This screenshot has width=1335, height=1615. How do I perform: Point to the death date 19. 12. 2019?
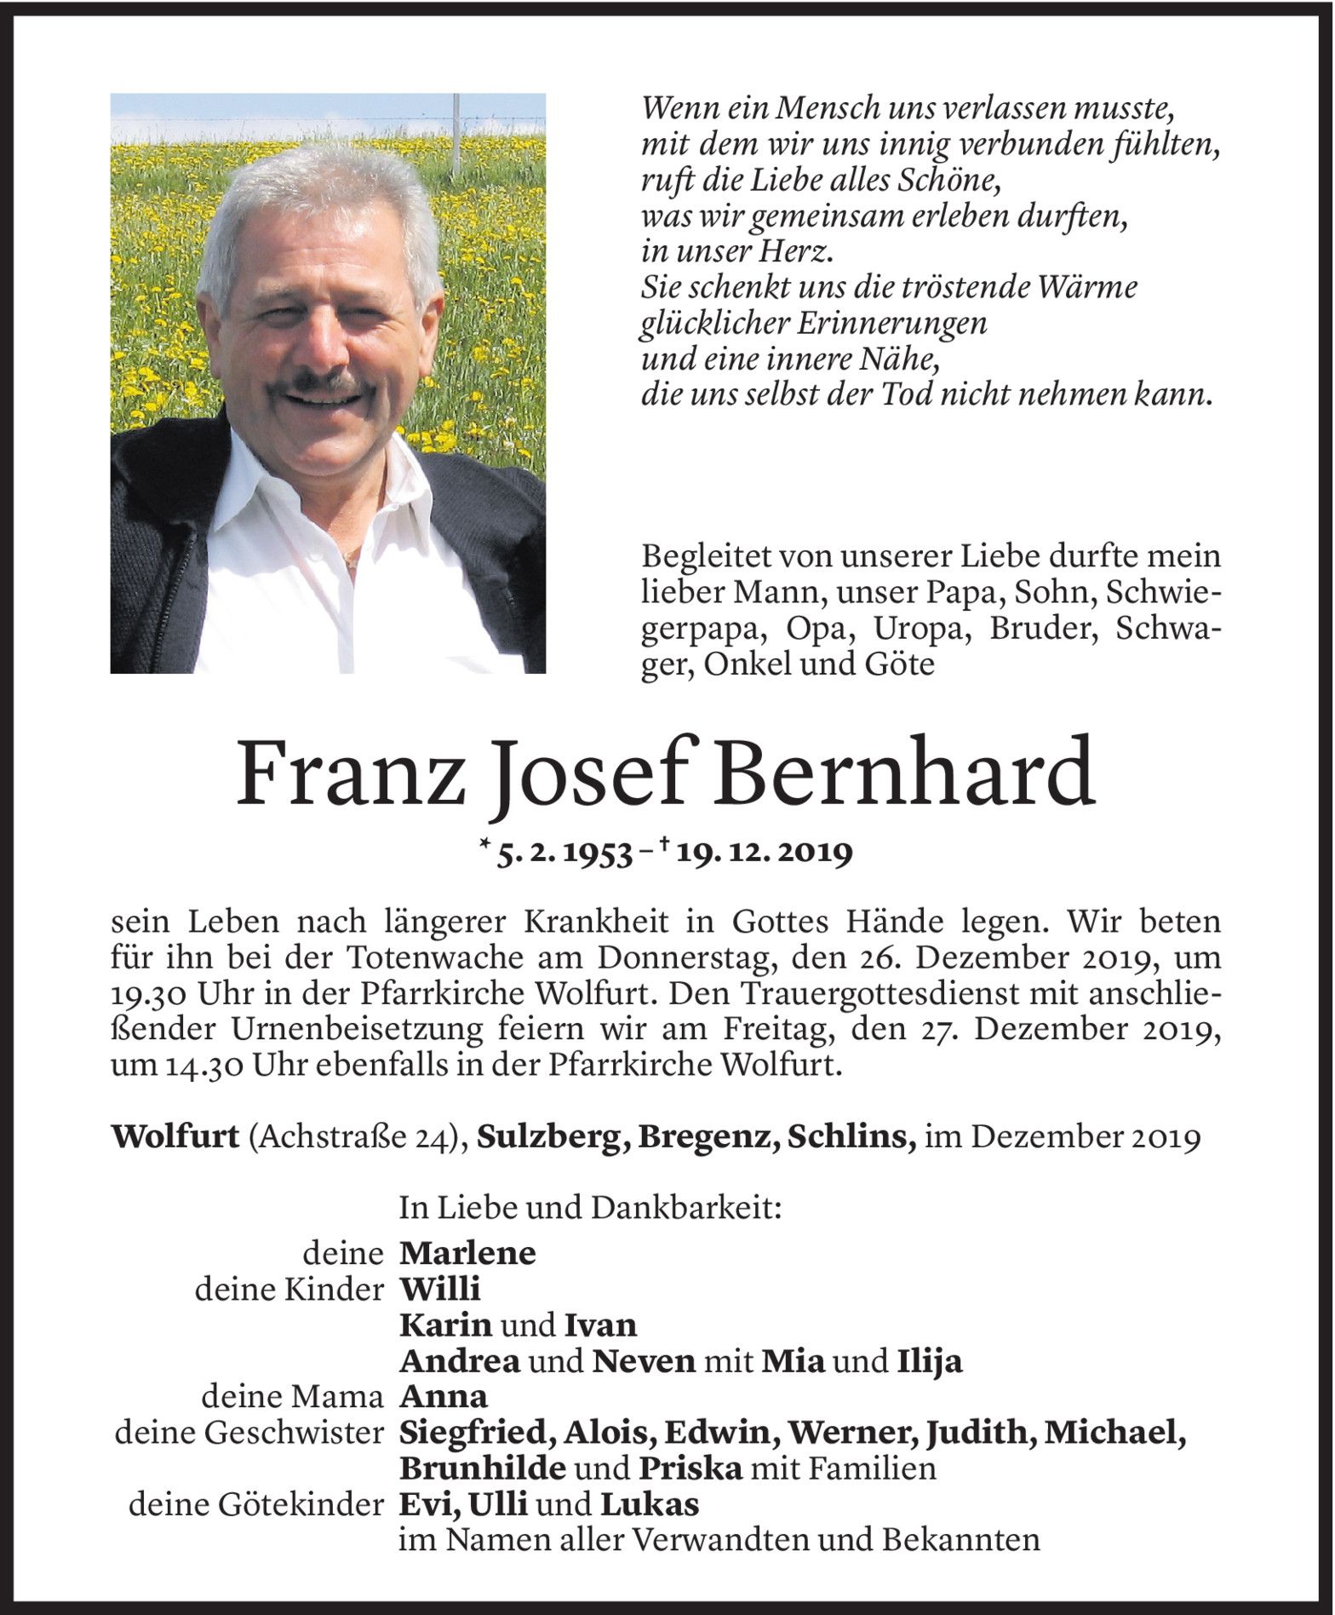(x=763, y=853)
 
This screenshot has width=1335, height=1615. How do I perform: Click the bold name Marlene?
(x=467, y=1253)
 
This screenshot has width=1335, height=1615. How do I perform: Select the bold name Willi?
(x=440, y=1290)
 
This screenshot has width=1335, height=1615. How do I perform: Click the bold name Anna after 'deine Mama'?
(x=444, y=1398)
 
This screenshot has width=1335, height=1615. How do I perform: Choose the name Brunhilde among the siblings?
(x=483, y=1470)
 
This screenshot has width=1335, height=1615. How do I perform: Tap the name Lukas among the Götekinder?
(x=650, y=1506)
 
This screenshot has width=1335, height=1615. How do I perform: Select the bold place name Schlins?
(x=853, y=1138)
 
